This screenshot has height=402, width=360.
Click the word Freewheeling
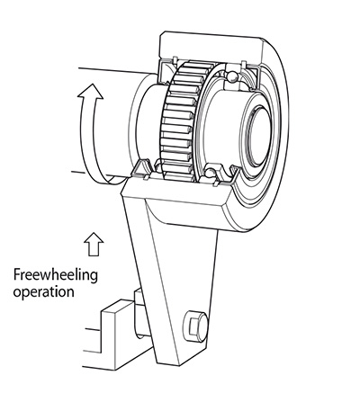[56, 275]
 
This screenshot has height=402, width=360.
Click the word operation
[44, 292]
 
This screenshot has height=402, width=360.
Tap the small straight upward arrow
[94, 244]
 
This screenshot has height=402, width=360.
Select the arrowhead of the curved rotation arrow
[90, 91]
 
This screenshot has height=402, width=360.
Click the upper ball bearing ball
[232, 76]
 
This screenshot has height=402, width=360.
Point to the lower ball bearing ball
[211, 173]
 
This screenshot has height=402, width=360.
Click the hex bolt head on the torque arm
[195, 326]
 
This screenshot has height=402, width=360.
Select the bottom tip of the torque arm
[179, 365]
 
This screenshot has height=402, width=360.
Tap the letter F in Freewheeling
[17, 275]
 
